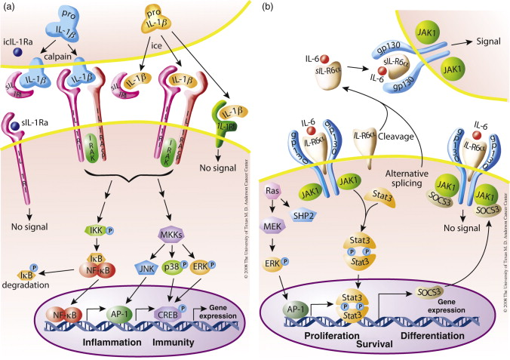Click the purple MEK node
click(276, 227)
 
